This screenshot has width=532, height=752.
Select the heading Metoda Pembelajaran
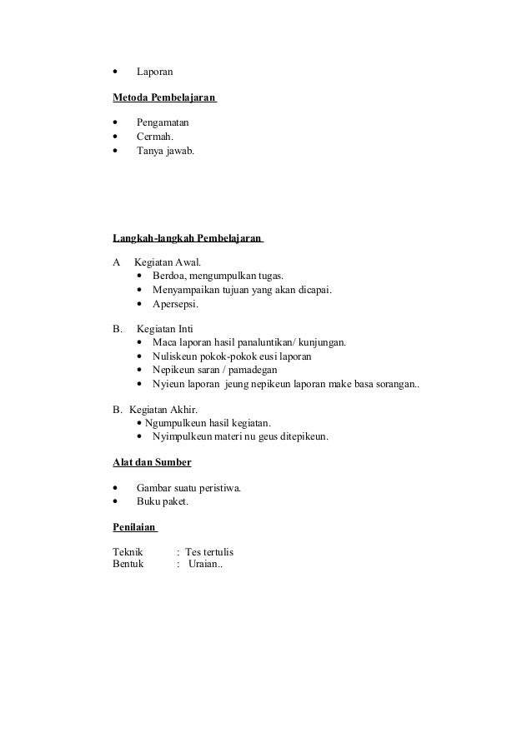pyautogui.click(x=164, y=98)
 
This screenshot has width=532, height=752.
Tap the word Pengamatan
pyautogui.click(x=163, y=123)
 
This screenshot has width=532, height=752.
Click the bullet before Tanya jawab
pyautogui.click(x=115, y=152)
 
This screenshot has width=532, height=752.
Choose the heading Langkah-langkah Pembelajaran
pyautogui.click(x=188, y=239)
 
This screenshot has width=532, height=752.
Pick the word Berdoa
pyautogui.click(x=169, y=276)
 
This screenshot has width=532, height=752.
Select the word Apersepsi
pyautogui.click(x=175, y=304)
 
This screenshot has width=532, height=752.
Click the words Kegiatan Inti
pyautogui.click(x=163, y=329)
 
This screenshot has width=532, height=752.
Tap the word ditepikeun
pyautogui.click(x=297, y=436)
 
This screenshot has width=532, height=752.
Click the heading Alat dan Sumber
pyautogui.click(x=152, y=461)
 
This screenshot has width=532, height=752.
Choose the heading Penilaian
pyautogui.click(x=135, y=527)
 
